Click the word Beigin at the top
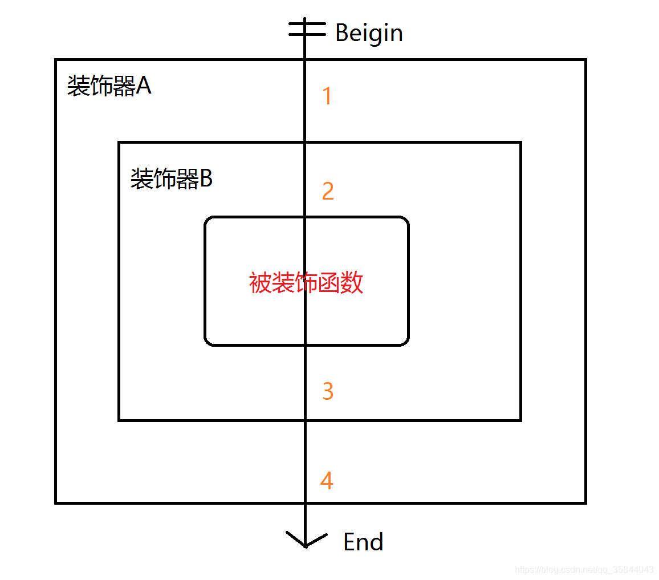[x=369, y=33]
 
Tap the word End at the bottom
[x=363, y=542]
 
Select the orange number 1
[x=327, y=96]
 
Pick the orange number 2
[x=327, y=192]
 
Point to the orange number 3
[x=327, y=391]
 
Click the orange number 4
[x=326, y=481]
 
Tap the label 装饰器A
[x=109, y=87]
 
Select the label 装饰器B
[x=171, y=179]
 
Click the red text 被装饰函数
[x=306, y=282]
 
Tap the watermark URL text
[x=584, y=570]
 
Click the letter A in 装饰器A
[x=144, y=87]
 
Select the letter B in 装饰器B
[x=206, y=179]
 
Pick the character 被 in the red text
[x=260, y=282]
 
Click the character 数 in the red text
[x=352, y=282]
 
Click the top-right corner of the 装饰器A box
[x=585, y=60]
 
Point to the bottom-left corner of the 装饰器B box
[x=119, y=420]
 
